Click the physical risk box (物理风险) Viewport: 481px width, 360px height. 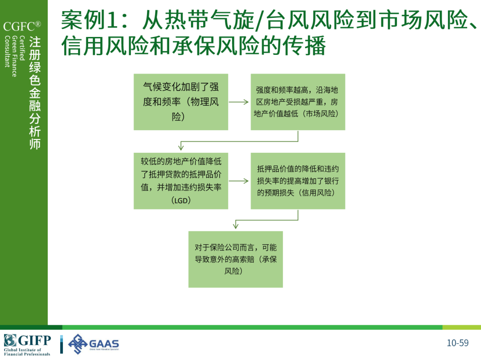coord(181,102)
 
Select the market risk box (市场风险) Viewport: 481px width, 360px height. coord(298,102)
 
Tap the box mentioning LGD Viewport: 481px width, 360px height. coord(181,181)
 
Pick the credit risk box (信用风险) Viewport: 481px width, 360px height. coord(298,181)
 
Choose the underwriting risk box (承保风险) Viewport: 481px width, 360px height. coord(236,259)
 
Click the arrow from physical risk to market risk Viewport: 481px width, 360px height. coord(239,102)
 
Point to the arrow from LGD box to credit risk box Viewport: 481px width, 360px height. coord(239,181)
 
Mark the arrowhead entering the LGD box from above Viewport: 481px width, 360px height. coord(181,147)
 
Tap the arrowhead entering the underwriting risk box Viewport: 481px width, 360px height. coord(236,225)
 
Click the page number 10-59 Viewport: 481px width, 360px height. coord(457,343)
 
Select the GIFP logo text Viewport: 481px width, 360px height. coord(34,340)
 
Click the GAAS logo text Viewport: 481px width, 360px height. coord(104,344)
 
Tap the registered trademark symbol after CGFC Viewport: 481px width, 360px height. coord(38,24)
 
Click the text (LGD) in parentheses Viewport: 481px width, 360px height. coord(181,200)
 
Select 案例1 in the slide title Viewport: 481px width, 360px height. coord(89,20)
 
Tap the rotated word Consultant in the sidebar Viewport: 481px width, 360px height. coord(7,51)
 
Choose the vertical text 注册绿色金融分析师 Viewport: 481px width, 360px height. coord(35,93)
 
